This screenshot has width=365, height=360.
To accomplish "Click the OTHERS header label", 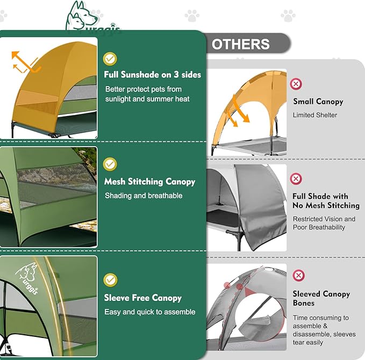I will tap(241, 44).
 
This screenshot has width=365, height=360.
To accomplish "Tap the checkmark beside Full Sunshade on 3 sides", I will tap(110, 58).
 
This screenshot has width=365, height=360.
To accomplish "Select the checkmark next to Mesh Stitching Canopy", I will tap(110, 164).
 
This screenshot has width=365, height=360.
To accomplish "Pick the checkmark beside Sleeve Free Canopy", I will tap(110, 279).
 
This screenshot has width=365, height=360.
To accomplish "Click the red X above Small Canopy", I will tap(296, 83).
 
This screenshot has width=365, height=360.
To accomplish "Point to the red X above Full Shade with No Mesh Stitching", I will tap(296, 178).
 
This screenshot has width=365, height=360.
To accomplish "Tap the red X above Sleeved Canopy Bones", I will tap(298, 276).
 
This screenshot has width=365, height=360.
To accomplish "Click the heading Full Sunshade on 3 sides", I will tap(153, 75).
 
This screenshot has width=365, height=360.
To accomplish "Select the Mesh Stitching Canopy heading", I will tap(149, 182).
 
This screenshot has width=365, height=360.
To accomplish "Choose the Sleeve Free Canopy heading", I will tap(143, 298).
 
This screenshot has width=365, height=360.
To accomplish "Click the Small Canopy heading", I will tap(318, 102).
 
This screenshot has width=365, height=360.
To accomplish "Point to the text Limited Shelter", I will tap(315, 115).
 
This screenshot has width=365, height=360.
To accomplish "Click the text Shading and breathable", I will tap(144, 196).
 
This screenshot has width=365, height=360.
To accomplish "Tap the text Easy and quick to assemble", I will tap(150, 312).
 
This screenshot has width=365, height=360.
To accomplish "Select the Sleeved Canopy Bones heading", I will tap(321, 298).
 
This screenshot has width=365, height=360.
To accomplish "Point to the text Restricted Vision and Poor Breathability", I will tap(324, 223).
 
